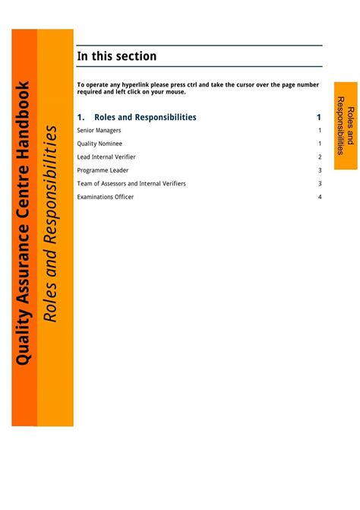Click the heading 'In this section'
(117, 56)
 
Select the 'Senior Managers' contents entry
(99, 131)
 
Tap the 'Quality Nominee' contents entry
(99, 144)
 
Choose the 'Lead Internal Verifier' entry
(106, 157)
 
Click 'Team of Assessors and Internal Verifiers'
(131, 183)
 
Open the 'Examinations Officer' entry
(106, 197)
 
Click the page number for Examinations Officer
(320, 197)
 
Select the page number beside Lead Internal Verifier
(320, 157)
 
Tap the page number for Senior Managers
(320, 131)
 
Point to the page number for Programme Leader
(320, 170)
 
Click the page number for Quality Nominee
(320, 144)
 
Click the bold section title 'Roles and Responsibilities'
(145, 117)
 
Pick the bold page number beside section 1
(319, 117)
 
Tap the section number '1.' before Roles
(81, 117)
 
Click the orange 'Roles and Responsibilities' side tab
(346, 125)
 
